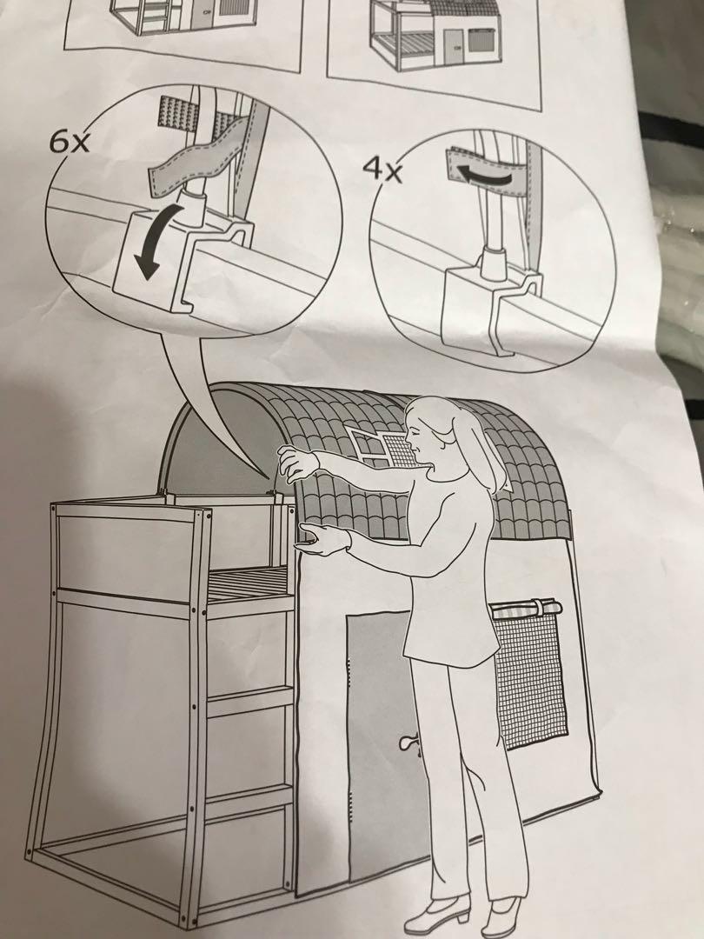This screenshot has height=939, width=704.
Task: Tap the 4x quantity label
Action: coord(384,170)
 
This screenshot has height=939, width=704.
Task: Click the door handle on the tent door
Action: coord(408,743)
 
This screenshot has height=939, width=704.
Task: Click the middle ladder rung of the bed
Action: coord(249,701)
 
